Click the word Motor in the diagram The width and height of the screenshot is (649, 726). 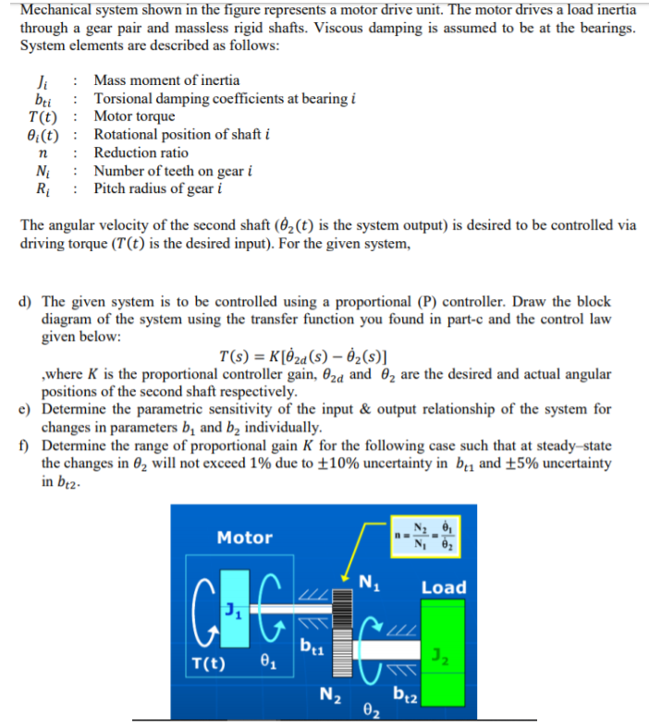coord(244,538)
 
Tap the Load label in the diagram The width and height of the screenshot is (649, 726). coord(444,587)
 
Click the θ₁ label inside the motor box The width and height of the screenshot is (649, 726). coord(266,661)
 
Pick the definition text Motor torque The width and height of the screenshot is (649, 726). coord(134,116)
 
